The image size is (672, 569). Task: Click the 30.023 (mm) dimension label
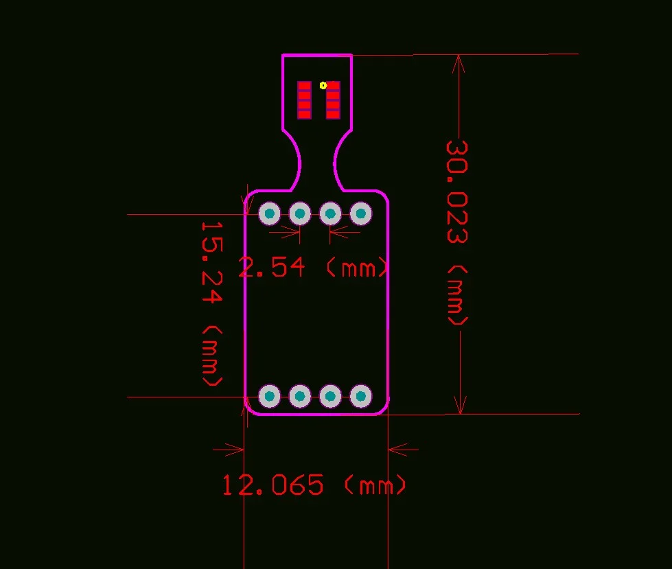pos(457,233)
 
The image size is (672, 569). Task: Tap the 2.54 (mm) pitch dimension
pos(313,267)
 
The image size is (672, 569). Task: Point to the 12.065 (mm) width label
pos(314,486)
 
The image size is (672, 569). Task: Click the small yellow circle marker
pos(323,86)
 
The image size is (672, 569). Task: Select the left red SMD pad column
pos(304,100)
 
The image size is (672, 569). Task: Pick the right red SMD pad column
pos(333,100)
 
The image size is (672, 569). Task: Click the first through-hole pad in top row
pos(270,214)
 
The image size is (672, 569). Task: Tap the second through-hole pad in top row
pos(300,214)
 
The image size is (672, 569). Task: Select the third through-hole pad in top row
pos(330,214)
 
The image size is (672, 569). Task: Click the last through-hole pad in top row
pos(360,214)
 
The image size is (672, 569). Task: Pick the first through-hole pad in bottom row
pos(270,396)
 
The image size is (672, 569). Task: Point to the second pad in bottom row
pos(300,396)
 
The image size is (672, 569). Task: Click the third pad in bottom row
pos(330,396)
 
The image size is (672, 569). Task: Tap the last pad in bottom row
pos(360,396)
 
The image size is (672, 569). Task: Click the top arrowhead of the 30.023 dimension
pos(459,63)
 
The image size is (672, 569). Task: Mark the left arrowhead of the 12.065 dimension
pos(236,450)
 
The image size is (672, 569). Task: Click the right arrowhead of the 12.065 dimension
pos(397,450)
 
